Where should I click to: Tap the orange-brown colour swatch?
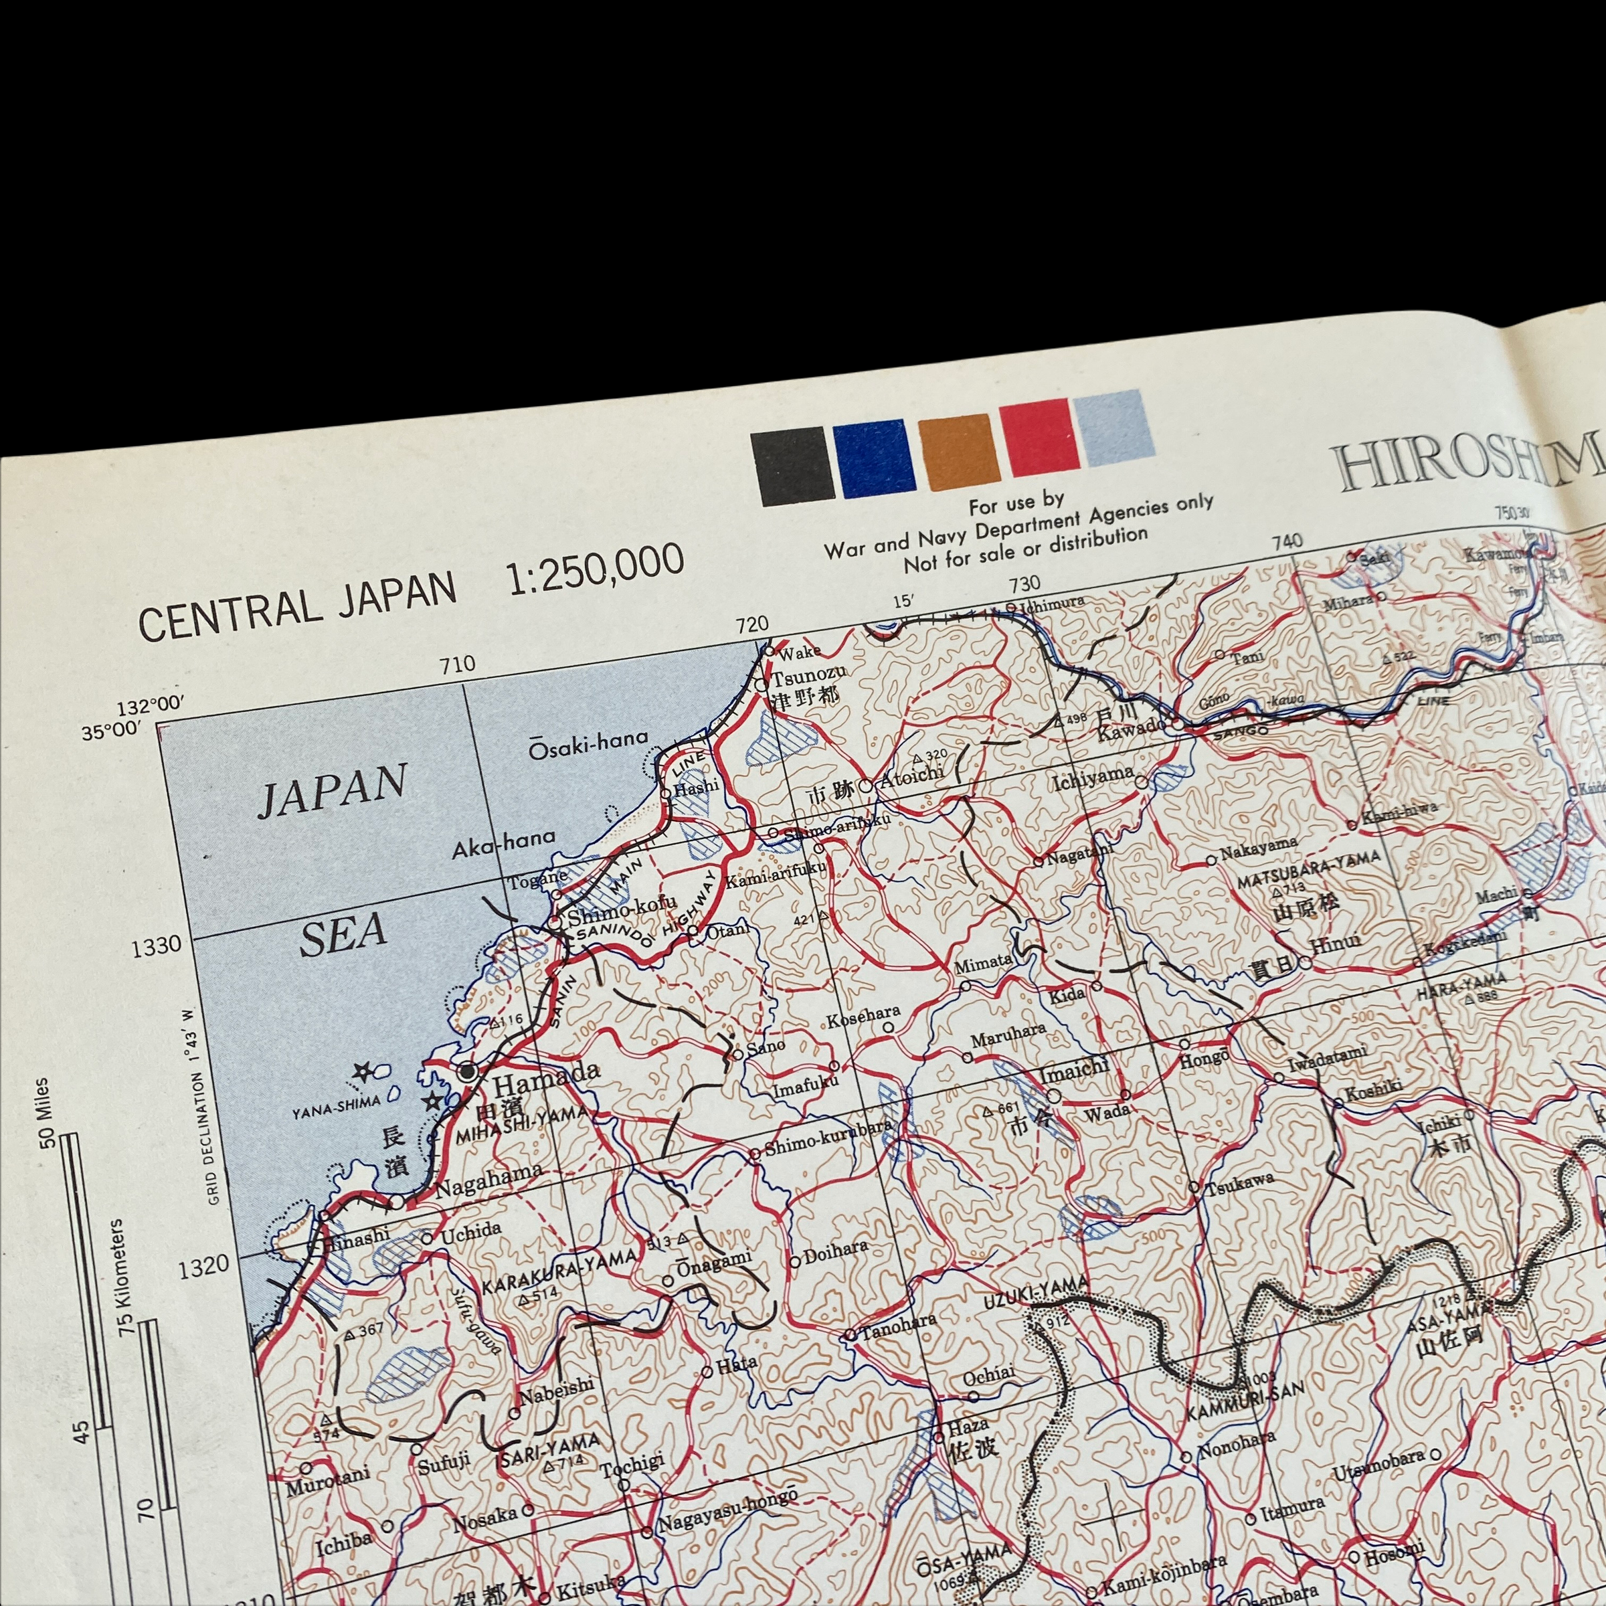(960, 452)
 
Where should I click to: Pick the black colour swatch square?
(792, 466)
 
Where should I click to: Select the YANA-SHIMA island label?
(336, 1103)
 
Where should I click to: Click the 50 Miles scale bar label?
(44, 1112)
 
